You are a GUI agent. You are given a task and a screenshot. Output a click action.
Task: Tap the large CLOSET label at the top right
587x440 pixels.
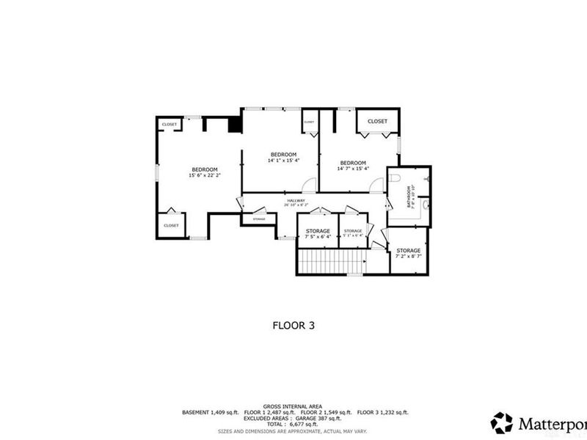(377, 121)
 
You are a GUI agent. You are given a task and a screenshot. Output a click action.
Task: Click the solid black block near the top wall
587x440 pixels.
(235, 125)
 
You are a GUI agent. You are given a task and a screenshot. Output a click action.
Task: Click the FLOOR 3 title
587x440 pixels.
(293, 323)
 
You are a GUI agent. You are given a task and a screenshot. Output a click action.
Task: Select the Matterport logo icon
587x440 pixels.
(502, 422)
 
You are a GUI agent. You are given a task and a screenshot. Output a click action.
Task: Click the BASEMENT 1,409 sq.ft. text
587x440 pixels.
(208, 413)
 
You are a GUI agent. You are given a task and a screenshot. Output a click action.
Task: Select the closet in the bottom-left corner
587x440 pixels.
(171, 225)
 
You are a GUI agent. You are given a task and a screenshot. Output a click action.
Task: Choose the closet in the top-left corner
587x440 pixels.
(169, 125)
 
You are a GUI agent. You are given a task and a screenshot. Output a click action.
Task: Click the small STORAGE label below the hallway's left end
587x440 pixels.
(258, 219)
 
